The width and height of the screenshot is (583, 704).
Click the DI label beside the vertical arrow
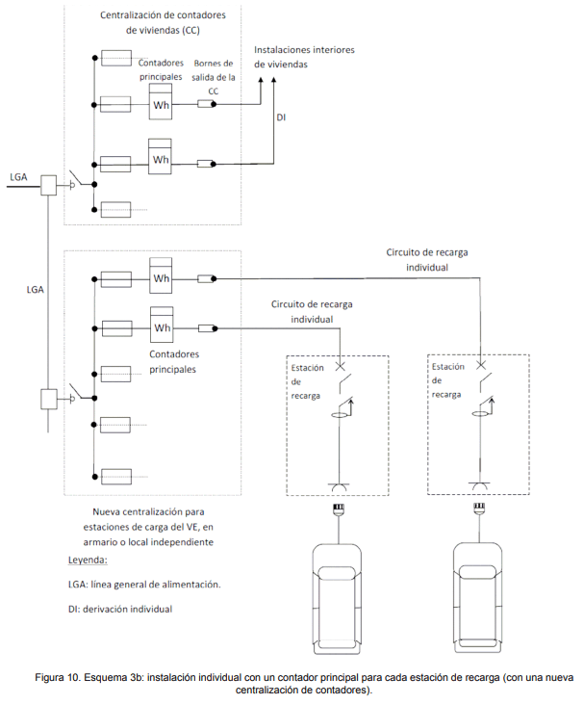coord(281,117)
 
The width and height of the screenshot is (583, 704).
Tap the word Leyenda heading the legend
coord(88,560)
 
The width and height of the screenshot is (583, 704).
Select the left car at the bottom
coord(337,599)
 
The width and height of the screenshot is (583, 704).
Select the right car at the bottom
coord(477,598)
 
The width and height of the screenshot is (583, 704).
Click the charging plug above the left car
coord(338,509)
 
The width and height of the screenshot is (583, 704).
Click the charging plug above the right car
coord(479,508)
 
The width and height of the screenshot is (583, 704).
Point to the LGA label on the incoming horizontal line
coord(18,177)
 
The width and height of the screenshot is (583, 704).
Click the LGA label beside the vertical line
coord(35,290)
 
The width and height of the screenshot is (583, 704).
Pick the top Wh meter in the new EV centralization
coord(161,275)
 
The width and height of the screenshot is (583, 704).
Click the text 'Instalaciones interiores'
coord(304,50)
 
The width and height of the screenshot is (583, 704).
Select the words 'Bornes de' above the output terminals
coord(214,64)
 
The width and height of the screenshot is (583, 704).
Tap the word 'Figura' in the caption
coord(49,677)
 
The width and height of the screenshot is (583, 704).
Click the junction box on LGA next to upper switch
coord(49,185)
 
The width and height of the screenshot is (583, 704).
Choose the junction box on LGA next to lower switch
coord(49,399)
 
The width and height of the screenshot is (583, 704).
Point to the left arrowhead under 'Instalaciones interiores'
coord(261,80)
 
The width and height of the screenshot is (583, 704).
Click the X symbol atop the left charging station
coord(341,366)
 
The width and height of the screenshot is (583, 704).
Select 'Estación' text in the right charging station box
coord(448,366)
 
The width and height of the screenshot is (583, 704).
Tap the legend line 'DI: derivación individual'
coord(120,609)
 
